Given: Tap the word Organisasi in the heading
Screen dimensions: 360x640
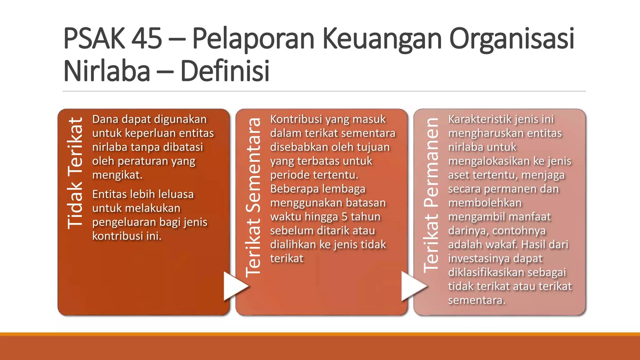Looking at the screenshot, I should tap(512, 38).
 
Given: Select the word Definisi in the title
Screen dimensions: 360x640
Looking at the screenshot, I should tap(225, 71).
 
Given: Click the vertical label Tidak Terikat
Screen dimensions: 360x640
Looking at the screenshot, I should tap(75, 173).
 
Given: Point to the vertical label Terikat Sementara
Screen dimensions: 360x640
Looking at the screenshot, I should tap(253, 197).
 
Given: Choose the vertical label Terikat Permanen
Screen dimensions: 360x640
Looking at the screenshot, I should tap(431, 195).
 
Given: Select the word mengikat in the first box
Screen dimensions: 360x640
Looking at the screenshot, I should tap(117, 175).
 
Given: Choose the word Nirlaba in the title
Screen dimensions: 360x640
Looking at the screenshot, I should tap(107, 71).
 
